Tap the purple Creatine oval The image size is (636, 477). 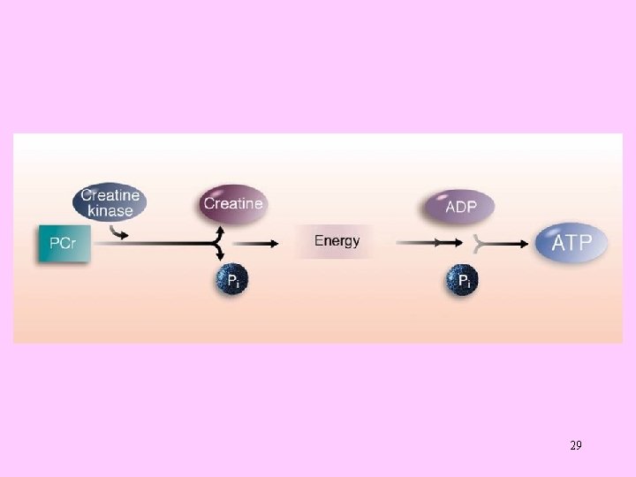tap(232, 204)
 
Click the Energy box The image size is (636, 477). tap(337, 241)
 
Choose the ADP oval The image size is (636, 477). tap(458, 208)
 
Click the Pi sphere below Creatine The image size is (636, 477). tap(232, 281)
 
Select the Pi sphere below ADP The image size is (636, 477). tap(461, 281)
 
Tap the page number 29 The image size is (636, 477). tap(576, 445)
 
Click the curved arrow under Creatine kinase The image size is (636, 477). tap(118, 232)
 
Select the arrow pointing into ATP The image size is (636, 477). tap(512, 242)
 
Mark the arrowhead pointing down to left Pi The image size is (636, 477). tap(218, 256)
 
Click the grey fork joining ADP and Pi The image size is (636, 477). tap(479, 242)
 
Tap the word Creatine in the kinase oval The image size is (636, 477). tap(110, 195)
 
